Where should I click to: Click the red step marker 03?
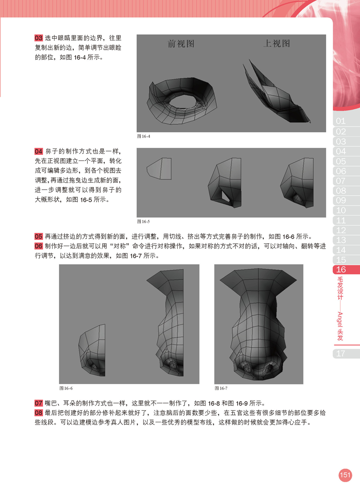38,38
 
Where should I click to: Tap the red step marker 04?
38,151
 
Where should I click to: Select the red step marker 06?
38,246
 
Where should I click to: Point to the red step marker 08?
38,412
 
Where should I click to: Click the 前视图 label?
181,44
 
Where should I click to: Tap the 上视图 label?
276,43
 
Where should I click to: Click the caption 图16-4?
144,136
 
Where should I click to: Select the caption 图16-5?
144,222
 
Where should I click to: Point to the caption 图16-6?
66,388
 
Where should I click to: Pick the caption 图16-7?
221,388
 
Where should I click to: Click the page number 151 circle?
345,475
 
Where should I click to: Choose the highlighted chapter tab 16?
346,269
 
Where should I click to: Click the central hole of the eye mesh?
182,102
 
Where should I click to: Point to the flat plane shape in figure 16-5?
159,169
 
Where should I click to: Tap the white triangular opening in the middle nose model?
225,196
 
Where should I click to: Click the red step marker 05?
38,236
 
